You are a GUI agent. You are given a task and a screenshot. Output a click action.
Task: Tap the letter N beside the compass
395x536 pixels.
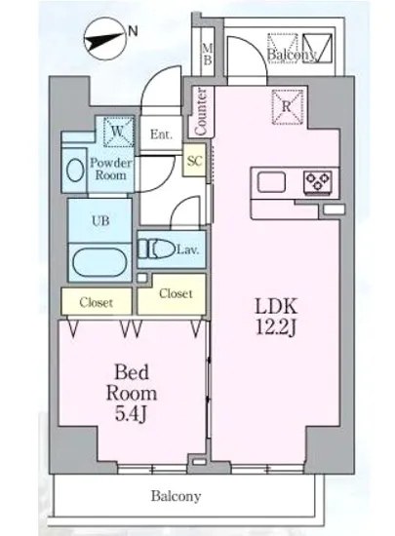(x=133, y=31)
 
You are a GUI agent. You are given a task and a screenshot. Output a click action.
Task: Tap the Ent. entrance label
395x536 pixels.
(x=160, y=134)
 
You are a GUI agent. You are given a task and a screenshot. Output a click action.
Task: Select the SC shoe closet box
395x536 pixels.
(x=194, y=162)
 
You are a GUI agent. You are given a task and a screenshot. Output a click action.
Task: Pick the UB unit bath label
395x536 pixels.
(x=99, y=220)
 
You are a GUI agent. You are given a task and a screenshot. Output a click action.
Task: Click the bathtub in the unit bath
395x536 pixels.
(x=98, y=262)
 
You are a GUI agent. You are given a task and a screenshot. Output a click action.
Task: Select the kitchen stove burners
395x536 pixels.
(x=317, y=180)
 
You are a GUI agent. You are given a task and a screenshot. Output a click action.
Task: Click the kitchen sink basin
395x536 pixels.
(x=271, y=181)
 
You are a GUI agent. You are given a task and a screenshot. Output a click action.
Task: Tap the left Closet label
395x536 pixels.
(x=96, y=301)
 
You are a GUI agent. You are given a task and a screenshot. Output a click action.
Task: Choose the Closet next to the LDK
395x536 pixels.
(x=175, y=293)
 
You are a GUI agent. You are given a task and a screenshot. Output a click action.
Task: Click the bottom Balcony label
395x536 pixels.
(x=176, y=496)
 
